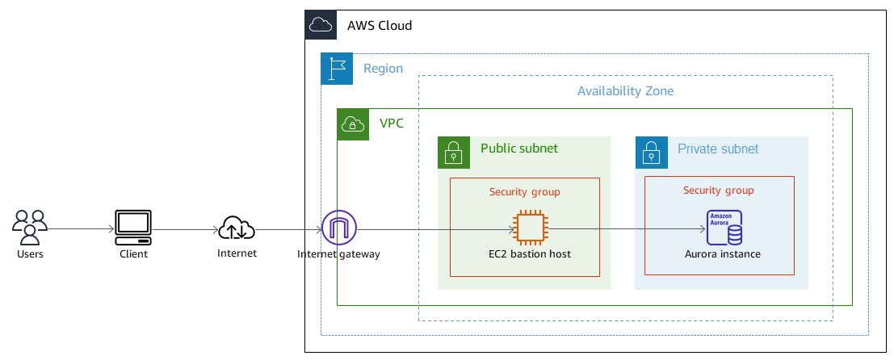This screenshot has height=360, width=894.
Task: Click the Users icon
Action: click(x=30, y=227)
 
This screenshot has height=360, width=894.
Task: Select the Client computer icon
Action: click(x=133, y=228)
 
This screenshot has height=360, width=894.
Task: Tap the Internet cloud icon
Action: click(x=237, y=228)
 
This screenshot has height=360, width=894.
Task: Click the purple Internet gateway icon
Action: click(x=338, y=228)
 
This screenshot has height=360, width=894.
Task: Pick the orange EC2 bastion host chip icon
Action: click(x=530, y=228)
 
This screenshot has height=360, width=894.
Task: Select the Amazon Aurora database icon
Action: click(x=724, y=228)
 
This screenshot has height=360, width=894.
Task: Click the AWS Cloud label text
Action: click(x=380, y=26)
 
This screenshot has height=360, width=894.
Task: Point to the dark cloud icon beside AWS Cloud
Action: click(x=321, y=25)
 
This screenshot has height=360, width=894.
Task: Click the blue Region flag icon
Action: click(x=337, y=69)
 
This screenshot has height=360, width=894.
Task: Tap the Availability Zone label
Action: click(x=625, y=91)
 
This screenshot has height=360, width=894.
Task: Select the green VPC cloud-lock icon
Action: click(x=353, y=124)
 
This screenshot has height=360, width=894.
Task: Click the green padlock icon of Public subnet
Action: click(x=454, y=153)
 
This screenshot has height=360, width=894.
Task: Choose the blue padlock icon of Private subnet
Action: click(x=651, y=153)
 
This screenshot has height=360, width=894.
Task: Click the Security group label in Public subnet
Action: click(x=524, y=192)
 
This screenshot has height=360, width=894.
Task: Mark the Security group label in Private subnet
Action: click(x=718, y=190)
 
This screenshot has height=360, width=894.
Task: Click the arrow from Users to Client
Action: click(x=81, y=228)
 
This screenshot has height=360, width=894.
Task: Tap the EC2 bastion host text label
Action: click(x=530, y=254)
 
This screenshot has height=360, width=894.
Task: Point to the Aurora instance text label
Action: click(x=722, y=254)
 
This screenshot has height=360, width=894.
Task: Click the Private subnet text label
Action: click(x=717, y=149)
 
